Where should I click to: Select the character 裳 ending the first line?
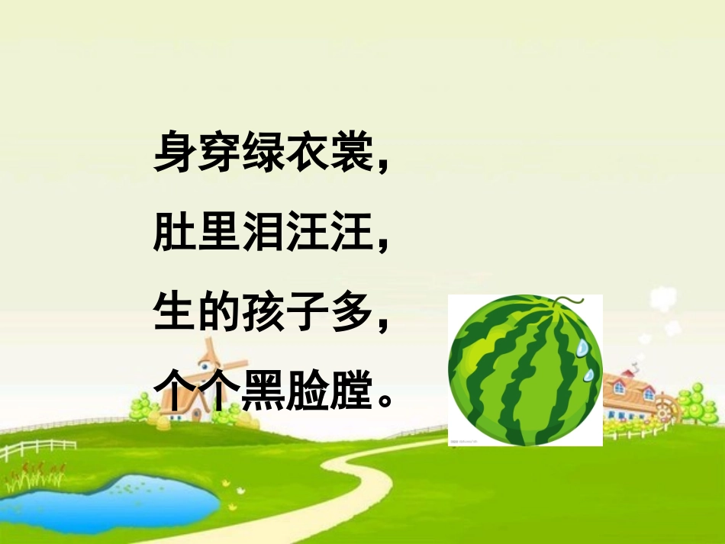(x=350, y=152)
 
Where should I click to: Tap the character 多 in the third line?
(x=350, y=314)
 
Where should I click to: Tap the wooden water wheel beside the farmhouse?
(x=666, y=407)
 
